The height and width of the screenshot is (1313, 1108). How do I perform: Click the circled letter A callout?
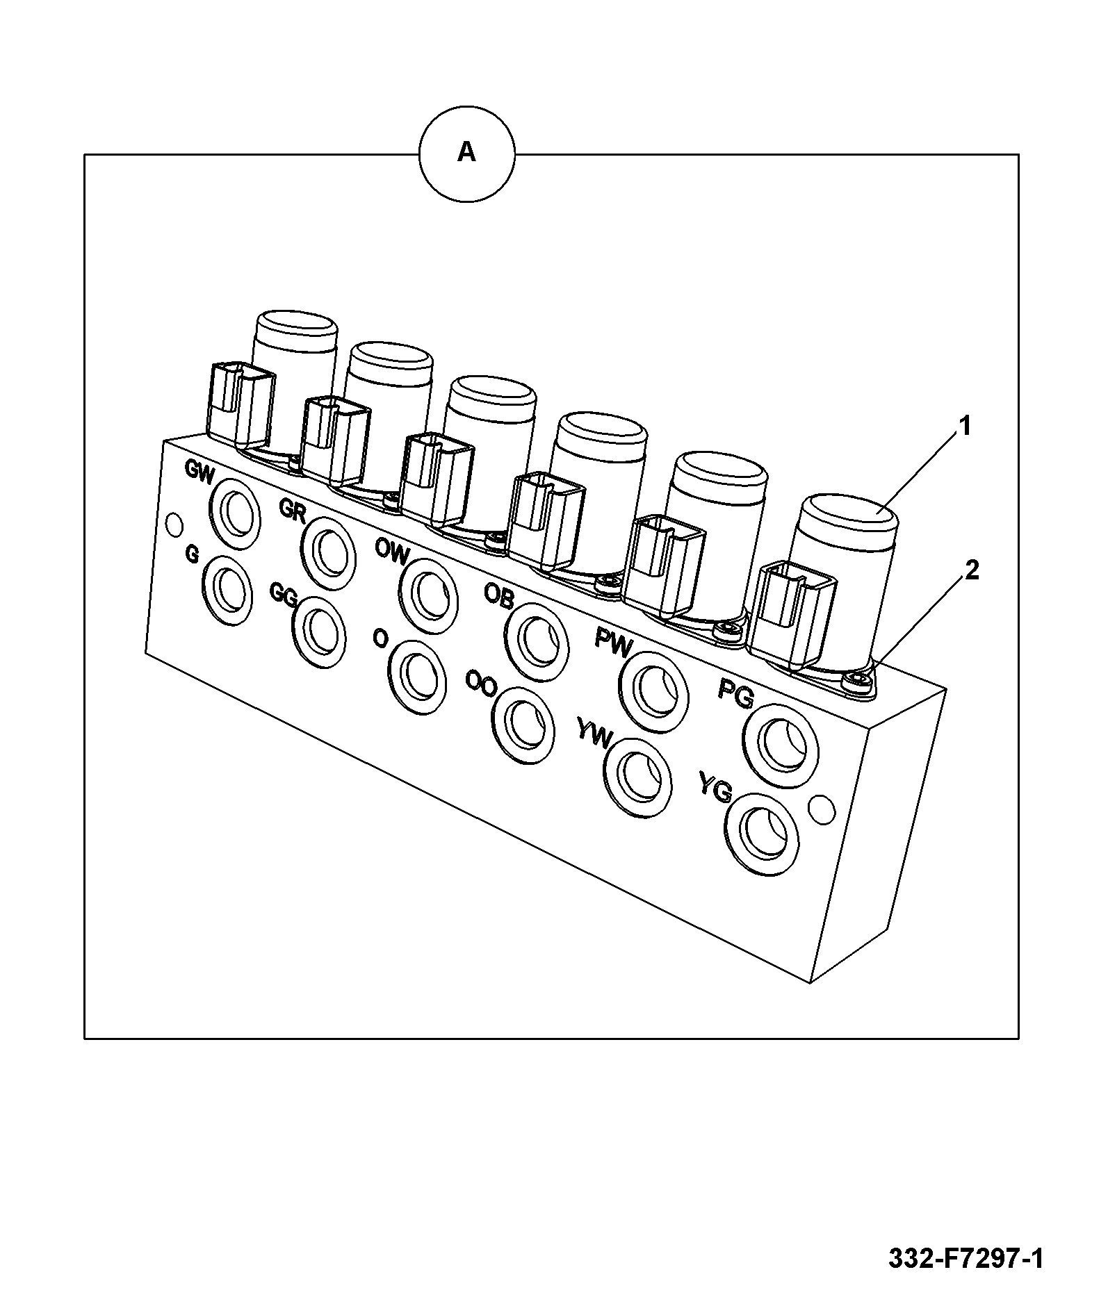click(x=466, y=154)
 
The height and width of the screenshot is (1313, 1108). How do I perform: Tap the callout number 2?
click(x=971, y=570)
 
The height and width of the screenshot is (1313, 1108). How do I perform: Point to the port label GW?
click(x=200, y=470)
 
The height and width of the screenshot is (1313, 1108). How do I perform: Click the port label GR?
click(x=293, y=509)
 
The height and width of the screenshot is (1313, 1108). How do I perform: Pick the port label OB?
click(x=498, y=595)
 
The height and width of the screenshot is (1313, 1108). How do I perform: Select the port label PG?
click(x=735, y=693)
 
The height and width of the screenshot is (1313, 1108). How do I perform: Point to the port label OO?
click(x=481, y=684)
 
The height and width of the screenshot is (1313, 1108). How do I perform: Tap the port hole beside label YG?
click(x=763, y=831)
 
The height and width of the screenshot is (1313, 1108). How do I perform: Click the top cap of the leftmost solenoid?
click(x=298, y=324)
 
